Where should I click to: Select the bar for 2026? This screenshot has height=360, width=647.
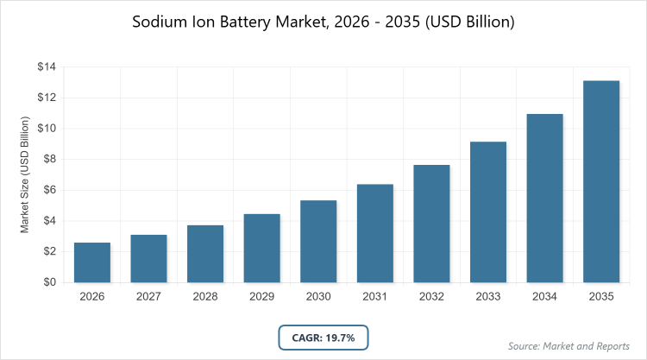click(91, 262)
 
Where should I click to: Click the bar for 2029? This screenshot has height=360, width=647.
click(261, 248)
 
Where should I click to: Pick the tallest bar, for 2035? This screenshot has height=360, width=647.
click(601, 181)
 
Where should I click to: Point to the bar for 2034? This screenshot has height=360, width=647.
click(544, 198)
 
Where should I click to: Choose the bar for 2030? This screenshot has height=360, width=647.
click(318, 241)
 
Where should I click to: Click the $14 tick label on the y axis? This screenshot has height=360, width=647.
click(46, 67)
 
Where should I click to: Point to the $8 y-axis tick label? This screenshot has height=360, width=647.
click(48, 160)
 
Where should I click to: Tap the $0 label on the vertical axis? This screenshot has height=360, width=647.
click(48, 282)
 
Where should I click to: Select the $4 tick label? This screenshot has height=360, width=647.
click(48, 221)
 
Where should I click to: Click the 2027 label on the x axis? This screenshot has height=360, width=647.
click(148, 297)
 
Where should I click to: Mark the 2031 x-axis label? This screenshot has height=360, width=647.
click(374, 297)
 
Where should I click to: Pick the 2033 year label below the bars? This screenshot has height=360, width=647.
click(488, 297)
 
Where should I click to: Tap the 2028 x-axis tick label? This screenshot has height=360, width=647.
click(204, 297)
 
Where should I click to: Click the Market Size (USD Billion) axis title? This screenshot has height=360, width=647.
click(25, 175)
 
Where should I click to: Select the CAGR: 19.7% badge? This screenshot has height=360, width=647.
click(323, 336)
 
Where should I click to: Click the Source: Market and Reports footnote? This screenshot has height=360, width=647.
click(569, 345)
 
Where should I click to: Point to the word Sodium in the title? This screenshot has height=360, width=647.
click(161, 22)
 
